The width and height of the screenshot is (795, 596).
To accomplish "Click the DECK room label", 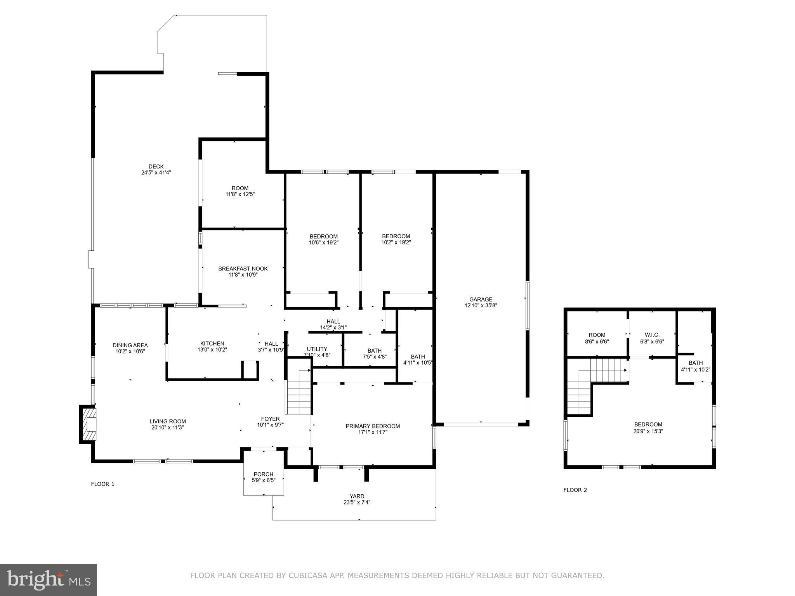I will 156,167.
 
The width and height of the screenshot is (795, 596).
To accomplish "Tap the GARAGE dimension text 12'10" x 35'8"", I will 481,305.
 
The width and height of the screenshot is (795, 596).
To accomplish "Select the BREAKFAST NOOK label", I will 243,269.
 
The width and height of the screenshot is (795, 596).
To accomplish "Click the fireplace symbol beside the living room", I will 89,424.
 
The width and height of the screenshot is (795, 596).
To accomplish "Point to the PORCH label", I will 263,474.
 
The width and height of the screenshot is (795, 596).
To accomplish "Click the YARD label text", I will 357,496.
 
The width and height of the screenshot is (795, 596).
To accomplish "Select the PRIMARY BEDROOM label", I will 373,426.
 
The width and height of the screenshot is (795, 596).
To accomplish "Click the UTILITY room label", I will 317,349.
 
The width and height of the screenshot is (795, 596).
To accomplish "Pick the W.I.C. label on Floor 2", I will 652,335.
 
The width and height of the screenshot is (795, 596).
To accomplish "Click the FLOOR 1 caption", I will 102,484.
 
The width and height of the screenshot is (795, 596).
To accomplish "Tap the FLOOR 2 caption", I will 575,490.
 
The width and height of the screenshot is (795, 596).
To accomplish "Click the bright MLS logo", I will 48,580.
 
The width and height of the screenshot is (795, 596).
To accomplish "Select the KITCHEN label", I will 212,343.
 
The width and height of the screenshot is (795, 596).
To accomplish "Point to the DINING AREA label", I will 130,345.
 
